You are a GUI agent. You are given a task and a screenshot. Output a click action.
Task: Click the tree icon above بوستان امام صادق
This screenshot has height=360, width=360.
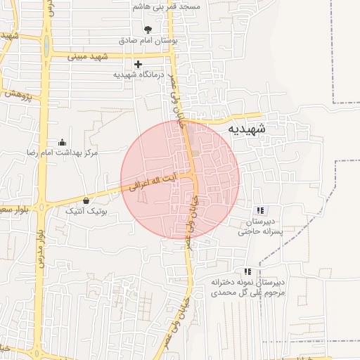tap(148, 30)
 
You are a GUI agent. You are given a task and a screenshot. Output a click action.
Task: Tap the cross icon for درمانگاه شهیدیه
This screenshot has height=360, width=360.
tap(138, 64)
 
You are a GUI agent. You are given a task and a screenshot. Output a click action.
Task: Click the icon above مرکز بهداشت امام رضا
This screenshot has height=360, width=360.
tap(62, 141)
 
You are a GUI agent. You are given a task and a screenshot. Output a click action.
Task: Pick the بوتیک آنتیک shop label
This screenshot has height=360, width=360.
tap(86, 211)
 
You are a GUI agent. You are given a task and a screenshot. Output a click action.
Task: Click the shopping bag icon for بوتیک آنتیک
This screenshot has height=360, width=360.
tap(86, 200)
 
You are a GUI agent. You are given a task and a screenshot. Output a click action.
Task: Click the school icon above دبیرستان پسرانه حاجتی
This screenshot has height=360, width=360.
tap(260, 210)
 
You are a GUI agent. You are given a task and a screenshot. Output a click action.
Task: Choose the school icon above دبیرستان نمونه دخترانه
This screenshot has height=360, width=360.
tap(247, 271)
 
